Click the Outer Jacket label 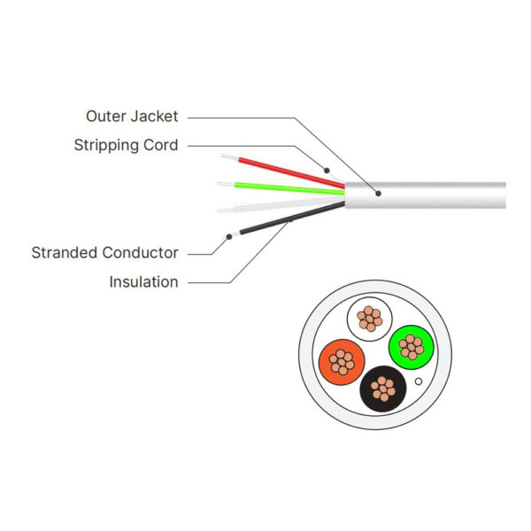tap(132, 116)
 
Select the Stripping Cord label tap(126, 145)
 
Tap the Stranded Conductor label tap(104, 253)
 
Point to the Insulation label tap(143, 282)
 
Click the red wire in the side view tap(283, 171)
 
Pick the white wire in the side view tap(283, 204)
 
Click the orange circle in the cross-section tap(341, 361)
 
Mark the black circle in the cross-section tap(383, 388)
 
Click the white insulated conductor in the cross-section tap(370, 319)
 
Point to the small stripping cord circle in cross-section tap(419, 381)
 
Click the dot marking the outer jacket tap(378, 193)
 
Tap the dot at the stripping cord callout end tap(327, 169)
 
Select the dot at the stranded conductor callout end tap(229, 235)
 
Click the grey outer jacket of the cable tap(442, 196)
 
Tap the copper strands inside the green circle tap(411, 347)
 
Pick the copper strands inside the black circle tap(383, 388)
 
